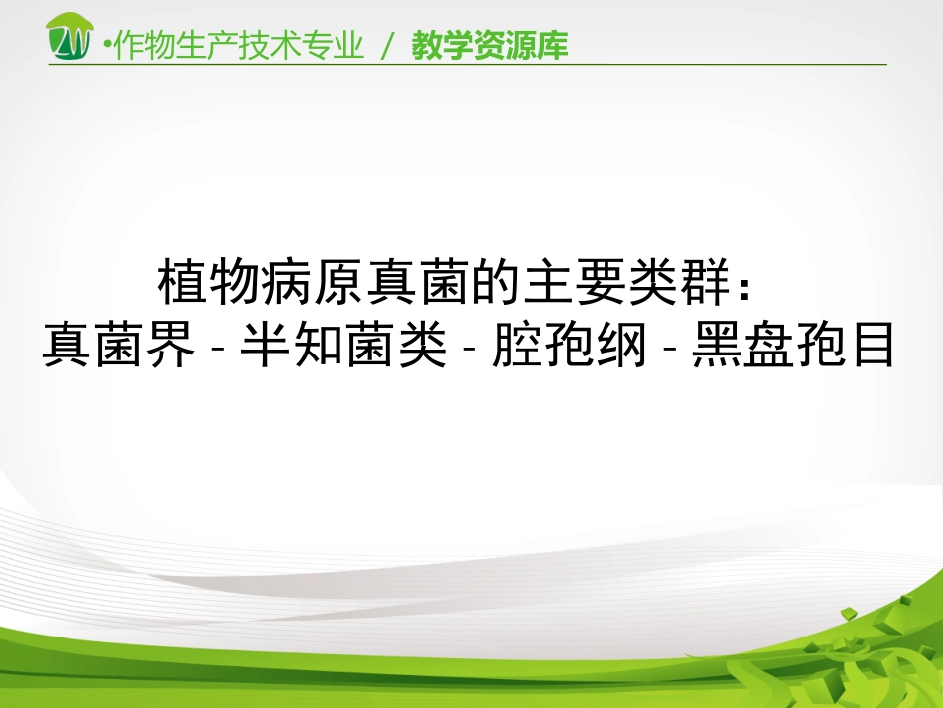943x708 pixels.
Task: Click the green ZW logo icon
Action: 71,37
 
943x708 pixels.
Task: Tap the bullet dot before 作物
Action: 108,46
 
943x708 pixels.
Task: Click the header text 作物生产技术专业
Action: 239,46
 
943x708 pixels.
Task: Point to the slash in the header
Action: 389,46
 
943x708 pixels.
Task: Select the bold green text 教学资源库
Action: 490,46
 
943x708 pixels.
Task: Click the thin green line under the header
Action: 467,65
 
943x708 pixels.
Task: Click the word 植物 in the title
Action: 209,283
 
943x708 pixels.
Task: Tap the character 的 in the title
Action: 497,283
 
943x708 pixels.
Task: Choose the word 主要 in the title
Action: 576,283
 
